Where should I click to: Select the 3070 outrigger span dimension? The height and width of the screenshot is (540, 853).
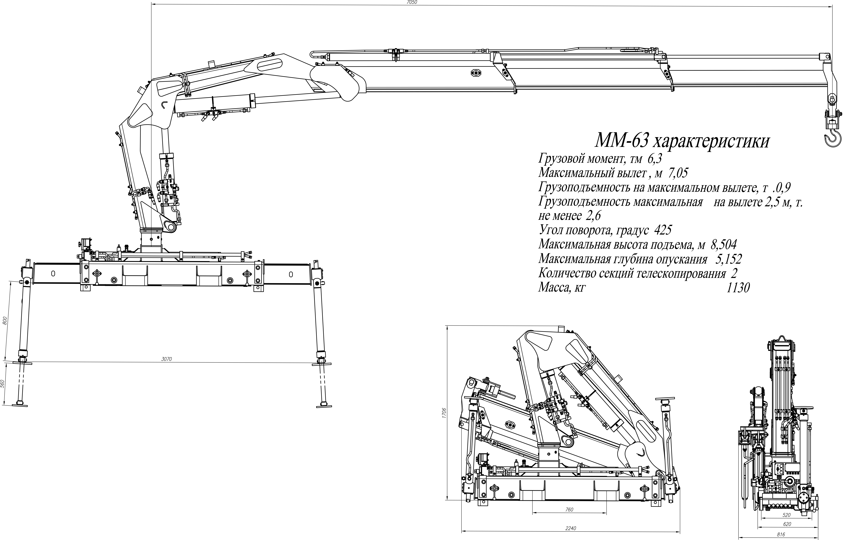(x=166, y=359)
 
